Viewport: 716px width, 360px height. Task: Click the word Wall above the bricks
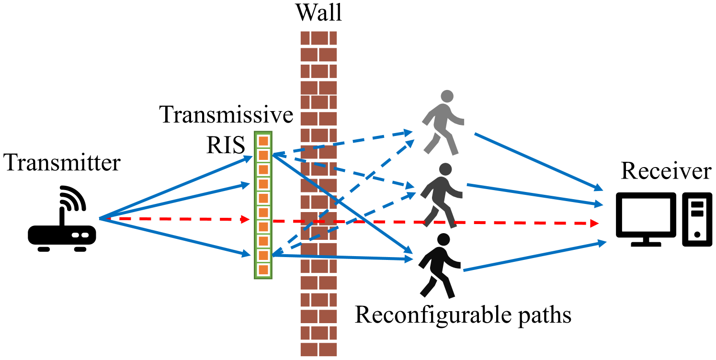point(318,13)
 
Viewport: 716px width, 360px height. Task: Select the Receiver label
point(666,171)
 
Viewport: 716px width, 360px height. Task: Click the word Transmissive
point(227,115)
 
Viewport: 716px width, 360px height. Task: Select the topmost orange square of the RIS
point(263,141)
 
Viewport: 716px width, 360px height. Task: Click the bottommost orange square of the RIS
point(263,270)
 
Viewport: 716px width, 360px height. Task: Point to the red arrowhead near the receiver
point(595,224)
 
